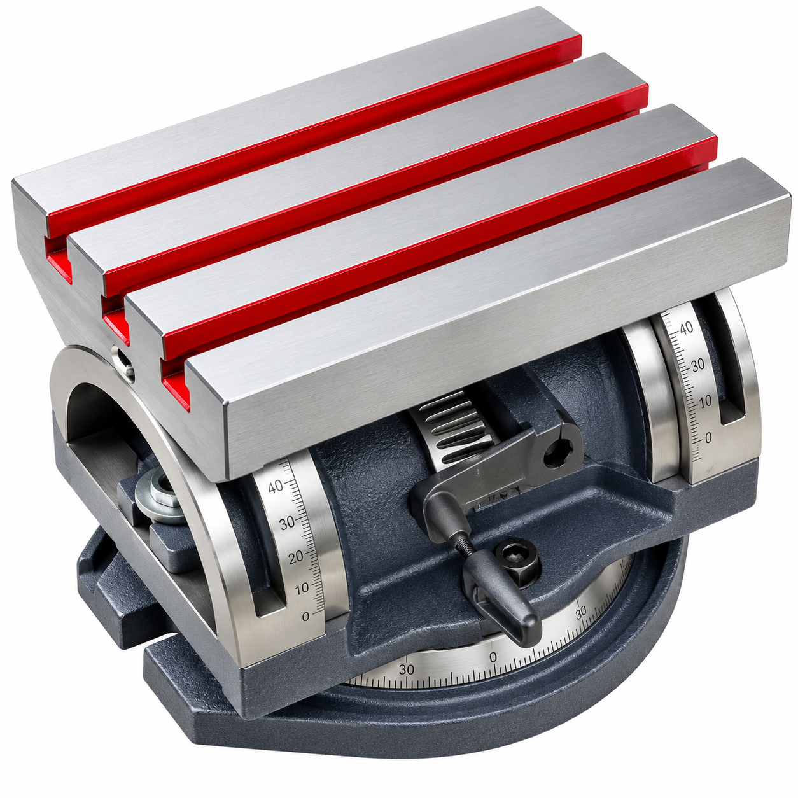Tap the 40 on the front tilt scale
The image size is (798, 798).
276,486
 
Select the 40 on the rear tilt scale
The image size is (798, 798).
686,328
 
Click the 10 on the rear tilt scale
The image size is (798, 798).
704,400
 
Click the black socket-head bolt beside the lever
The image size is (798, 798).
518,560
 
